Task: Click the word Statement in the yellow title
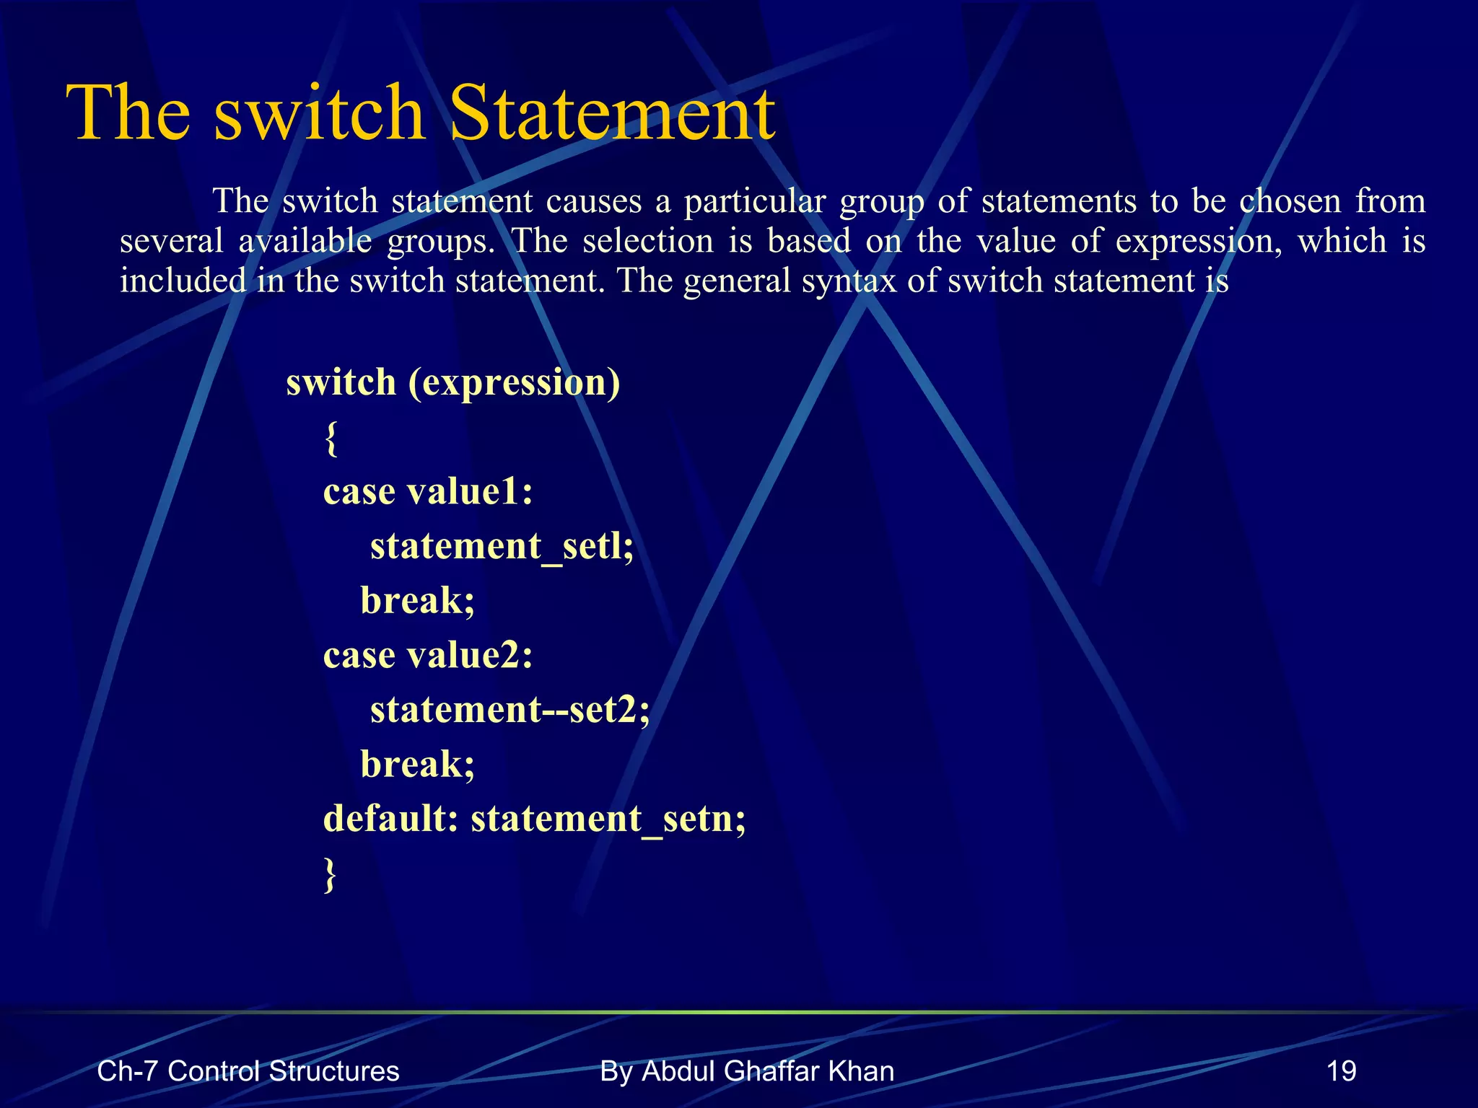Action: [x=612, y=114]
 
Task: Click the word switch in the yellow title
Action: [x=319, y=114]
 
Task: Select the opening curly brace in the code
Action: [x=331, y=438]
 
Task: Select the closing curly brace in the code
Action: [x=330, y=875]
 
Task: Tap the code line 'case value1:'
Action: [x=428, y=492]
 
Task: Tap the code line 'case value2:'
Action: [x=428, y=656]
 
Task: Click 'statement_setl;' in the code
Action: [x=502, y=546]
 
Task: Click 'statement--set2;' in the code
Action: [x=510, y=710]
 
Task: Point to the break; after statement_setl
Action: [x=418, y=601]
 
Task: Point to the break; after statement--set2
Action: [x=418, y=765]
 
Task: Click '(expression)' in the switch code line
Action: [x=514, y=383]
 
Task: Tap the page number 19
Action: [x=1342, y=1071]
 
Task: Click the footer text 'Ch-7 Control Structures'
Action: [x=248, y=1071]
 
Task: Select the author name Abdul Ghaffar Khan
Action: [x=768, y=1071]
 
